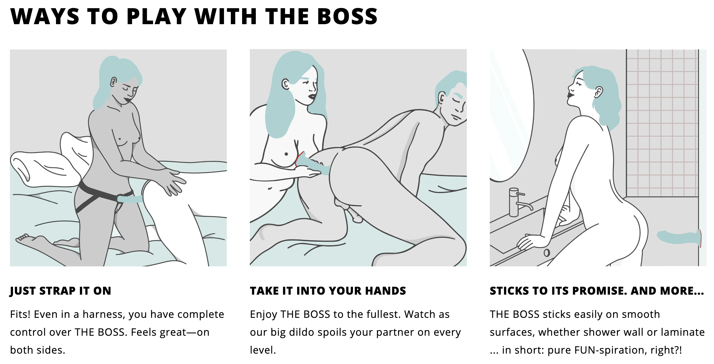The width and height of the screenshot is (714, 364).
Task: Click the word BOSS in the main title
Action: (347, 16)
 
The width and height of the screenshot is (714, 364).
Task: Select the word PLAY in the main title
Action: (156, 16)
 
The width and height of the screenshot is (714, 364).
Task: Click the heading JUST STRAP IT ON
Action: (60, 291)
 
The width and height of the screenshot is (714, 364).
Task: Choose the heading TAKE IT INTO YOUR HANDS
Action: (328, 291)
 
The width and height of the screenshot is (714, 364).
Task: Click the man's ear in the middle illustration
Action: (442, 98)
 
